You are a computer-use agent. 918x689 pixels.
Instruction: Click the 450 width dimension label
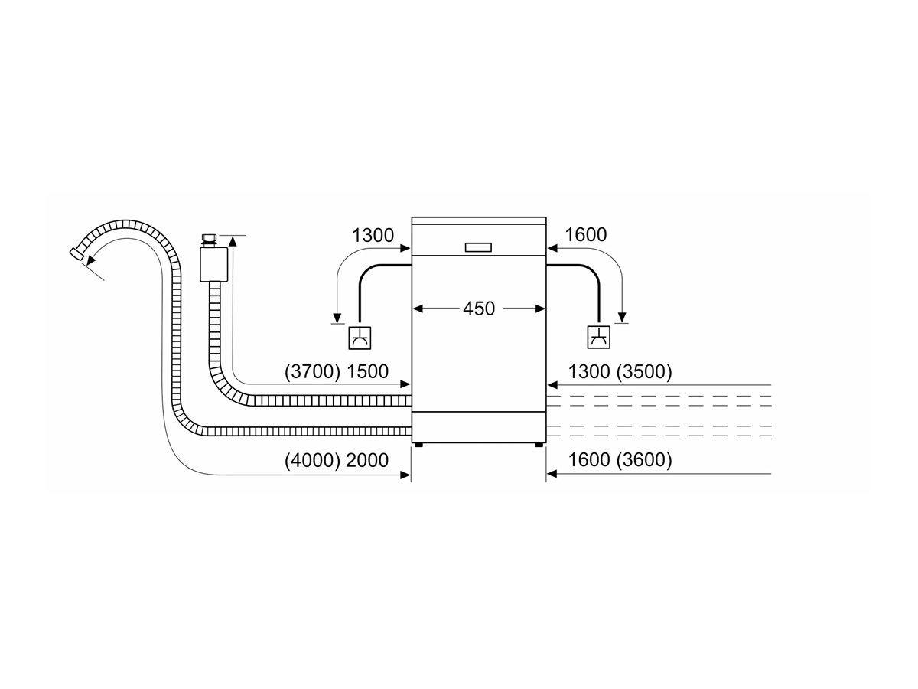click(479, 309)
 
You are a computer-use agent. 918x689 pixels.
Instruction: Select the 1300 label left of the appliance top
click(373, 235)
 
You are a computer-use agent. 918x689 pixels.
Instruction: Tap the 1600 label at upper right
click(585, 235)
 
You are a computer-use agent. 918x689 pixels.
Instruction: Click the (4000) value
click(312, 461)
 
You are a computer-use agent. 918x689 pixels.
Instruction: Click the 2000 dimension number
click(368, 461)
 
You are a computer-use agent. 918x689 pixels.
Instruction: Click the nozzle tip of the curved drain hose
click(76, 253)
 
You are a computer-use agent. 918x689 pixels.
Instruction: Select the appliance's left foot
click(418, 443)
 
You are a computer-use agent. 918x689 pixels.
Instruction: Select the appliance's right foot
click(540, 443)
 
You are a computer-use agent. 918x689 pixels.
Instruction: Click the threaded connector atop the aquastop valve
click(209, 239)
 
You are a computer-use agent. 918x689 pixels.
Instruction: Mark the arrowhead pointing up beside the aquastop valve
click(233, 240)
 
